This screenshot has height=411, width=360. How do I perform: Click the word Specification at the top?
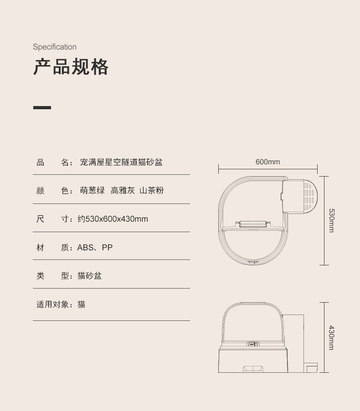click(x=55, y=47)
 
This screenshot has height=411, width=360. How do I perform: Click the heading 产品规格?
click(x=71, y=67)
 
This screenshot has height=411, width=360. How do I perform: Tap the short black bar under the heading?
click(x=42, y=108)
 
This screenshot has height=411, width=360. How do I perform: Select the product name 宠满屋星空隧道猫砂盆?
click(x=121, y=162)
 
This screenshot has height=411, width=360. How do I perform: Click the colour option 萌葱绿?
click(x=93, y=191)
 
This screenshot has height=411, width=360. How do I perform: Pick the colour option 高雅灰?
click(x=123, y=191)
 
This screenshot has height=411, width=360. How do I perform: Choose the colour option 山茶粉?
click(x=151, y=191)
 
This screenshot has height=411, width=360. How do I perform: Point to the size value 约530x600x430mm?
click(x=113, y=219)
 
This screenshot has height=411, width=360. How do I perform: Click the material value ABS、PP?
click(x=95, y=248)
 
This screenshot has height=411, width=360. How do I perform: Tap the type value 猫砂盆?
click(x=89, y=276)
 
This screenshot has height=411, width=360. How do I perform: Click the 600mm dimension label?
click(x=267, y=162)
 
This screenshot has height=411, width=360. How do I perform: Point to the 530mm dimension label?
click(x=331, y=221)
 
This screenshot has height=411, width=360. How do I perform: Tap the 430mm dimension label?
click(x=331, y=338)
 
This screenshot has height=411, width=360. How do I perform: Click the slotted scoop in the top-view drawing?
click(x=307, y=196)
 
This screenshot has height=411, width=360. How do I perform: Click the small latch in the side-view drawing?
click(x=253, y=344)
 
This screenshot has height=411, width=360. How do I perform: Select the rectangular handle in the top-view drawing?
click(x=252, y=224)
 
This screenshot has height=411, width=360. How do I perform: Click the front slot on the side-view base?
click(x=253, y=368)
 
